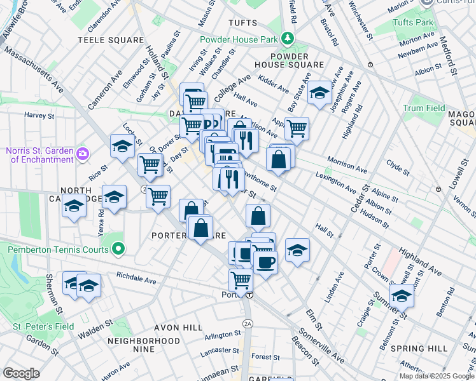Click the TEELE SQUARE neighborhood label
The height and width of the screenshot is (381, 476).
click(111, 39)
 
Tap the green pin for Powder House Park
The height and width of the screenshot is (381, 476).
click(288, 39)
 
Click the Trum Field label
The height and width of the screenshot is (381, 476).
click(424, 108)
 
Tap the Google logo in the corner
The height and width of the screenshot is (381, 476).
click(21, 373)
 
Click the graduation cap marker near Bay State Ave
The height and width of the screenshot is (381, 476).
click(319, 93)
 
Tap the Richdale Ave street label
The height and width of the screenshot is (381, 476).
click(136, 277)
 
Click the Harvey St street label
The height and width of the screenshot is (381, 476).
click(39, 116)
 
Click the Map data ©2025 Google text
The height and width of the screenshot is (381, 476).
click(436, 376)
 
